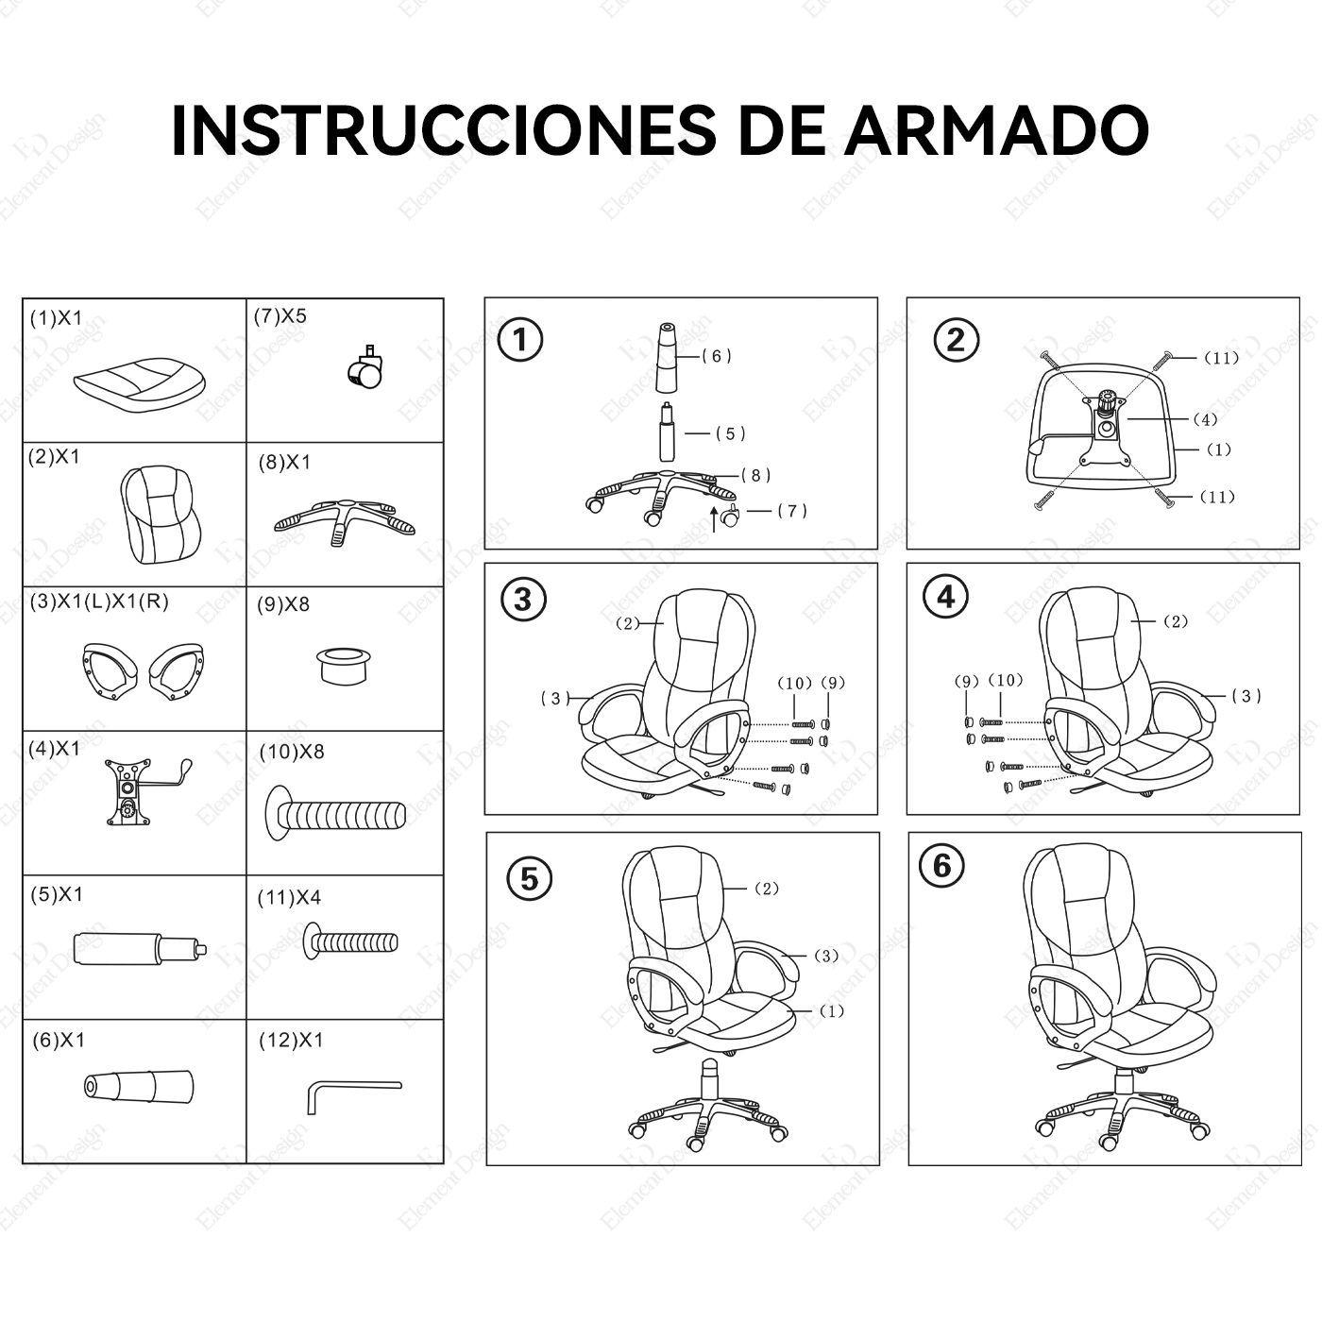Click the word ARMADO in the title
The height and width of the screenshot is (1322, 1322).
coord(995,130)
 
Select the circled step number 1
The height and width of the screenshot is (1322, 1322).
coord(520,340)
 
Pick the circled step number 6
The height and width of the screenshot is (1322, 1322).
coord(942,866)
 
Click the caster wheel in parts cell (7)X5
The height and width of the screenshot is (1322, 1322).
coord(366,368)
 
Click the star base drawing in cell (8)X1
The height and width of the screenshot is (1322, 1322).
coord(345,519)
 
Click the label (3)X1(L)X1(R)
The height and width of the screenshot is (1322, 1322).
coord(98,602)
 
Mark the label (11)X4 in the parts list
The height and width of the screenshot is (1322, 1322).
coord(289,897)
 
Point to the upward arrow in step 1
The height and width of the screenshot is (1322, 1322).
coord(713,518)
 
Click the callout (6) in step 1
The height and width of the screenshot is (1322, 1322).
coord(717,356)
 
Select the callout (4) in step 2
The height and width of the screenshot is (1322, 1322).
coord(1205,419)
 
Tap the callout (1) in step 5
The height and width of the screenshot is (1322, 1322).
coord(830,1011)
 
